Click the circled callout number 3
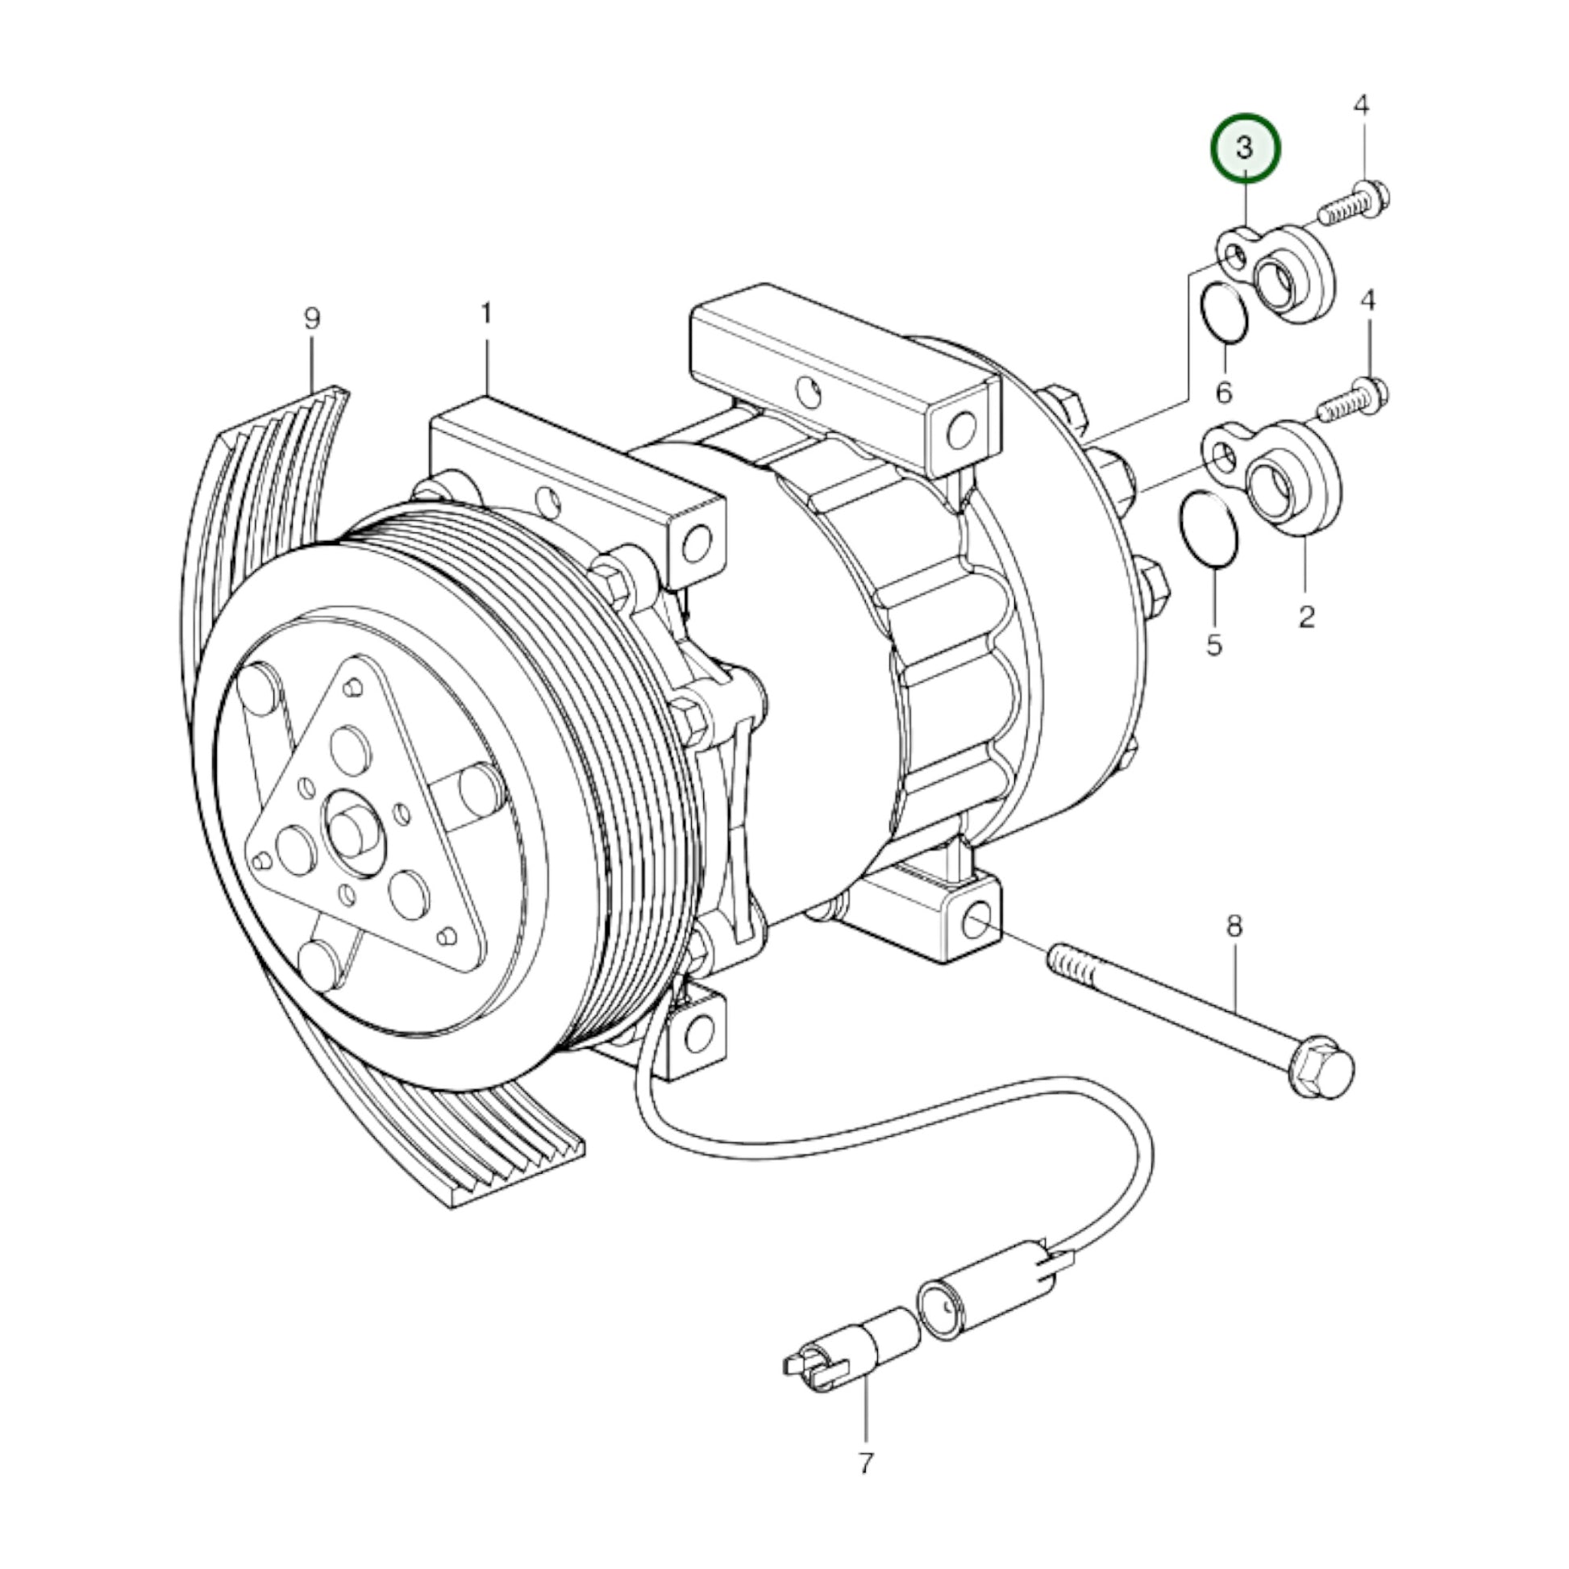coord(1245,148)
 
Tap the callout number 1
coord(485,314)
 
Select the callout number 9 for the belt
coord(313,318)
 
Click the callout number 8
coord(1234,926)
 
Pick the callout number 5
coord(1214,646)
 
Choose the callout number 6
coord(1224,392)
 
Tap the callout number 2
coord(1306,616)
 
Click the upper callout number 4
coord(1362,106)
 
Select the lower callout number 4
coord(1368,302)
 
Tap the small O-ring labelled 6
coord(1223,313)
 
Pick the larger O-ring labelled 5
coord(1209,528)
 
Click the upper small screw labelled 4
coord(1354,206)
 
